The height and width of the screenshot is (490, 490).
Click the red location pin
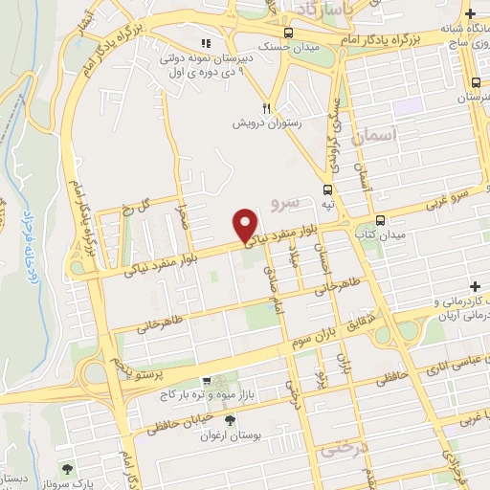tap(246, 225)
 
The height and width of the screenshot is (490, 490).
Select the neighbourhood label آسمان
tap(372, 137)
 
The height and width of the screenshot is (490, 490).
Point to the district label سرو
tap(286, 201)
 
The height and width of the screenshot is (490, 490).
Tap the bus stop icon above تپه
tap(328, 189)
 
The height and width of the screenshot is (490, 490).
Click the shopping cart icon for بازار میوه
tap(204, 381)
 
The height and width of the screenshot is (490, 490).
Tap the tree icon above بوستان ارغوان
tap(230, 420)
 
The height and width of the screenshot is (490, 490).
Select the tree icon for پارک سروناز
tap(67, 469)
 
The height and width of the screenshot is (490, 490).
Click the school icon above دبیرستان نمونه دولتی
tap(205, 42)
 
